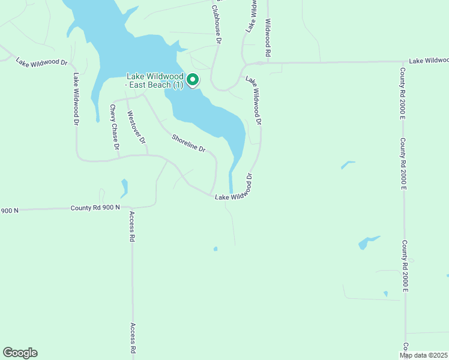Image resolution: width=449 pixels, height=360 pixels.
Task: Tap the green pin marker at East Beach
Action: pos(193,80)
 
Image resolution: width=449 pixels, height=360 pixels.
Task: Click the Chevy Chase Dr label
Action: pos(113,127)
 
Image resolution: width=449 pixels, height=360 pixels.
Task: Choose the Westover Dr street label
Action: pos(136,127)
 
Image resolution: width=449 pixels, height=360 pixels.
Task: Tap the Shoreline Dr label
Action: pos(188,142)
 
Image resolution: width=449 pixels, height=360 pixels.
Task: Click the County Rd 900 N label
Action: pos(95,208)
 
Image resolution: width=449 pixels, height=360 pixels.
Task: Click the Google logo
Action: pos(20,353)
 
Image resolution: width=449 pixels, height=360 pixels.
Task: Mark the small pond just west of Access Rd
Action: pos(124,187)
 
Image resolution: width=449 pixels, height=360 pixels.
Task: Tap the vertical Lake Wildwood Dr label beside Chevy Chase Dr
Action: pos(76,99)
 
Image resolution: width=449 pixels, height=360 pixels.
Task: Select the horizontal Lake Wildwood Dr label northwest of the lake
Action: pos(42,61)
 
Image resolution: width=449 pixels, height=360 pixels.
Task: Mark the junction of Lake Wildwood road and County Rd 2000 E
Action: pos(402,61)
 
